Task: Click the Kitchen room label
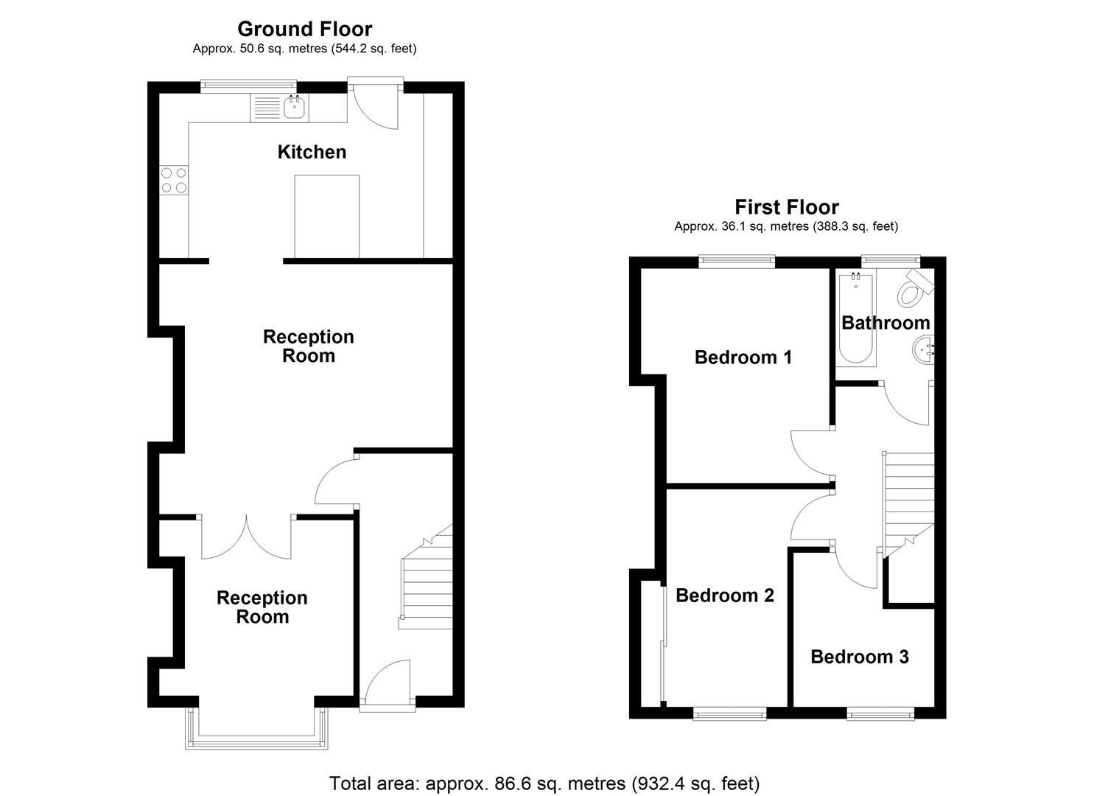[x=312, y=152]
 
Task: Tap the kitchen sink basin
[x=295, y=108]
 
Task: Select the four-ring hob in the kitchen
[x=174, y=181]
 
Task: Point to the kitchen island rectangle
[x=326, y=216]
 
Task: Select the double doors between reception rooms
[x=247, y=537]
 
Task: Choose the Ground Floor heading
[x=304, y=29]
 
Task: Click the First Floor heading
[x=786, y=207]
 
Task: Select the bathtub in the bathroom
[x=855, y=319]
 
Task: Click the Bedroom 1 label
[x=743, y=357]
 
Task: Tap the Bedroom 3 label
[x=859, y=657]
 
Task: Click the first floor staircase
[x=908, y=501]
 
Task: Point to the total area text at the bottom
[x=544, y=783]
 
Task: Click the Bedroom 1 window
[x=737, y=259]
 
